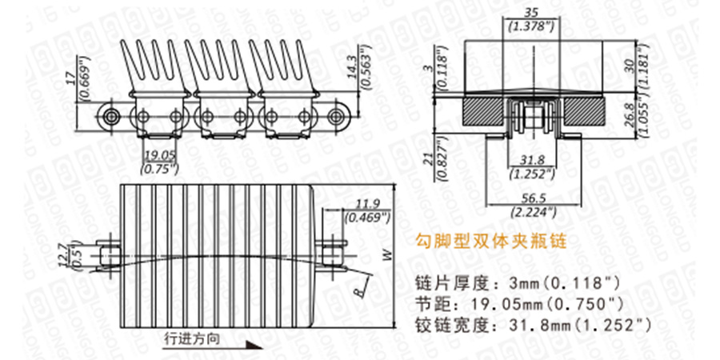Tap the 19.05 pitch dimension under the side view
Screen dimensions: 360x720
(x=158, y=156)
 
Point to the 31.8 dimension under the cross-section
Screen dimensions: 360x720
(x=528, y=158)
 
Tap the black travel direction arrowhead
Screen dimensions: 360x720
(x=254, y=344)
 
